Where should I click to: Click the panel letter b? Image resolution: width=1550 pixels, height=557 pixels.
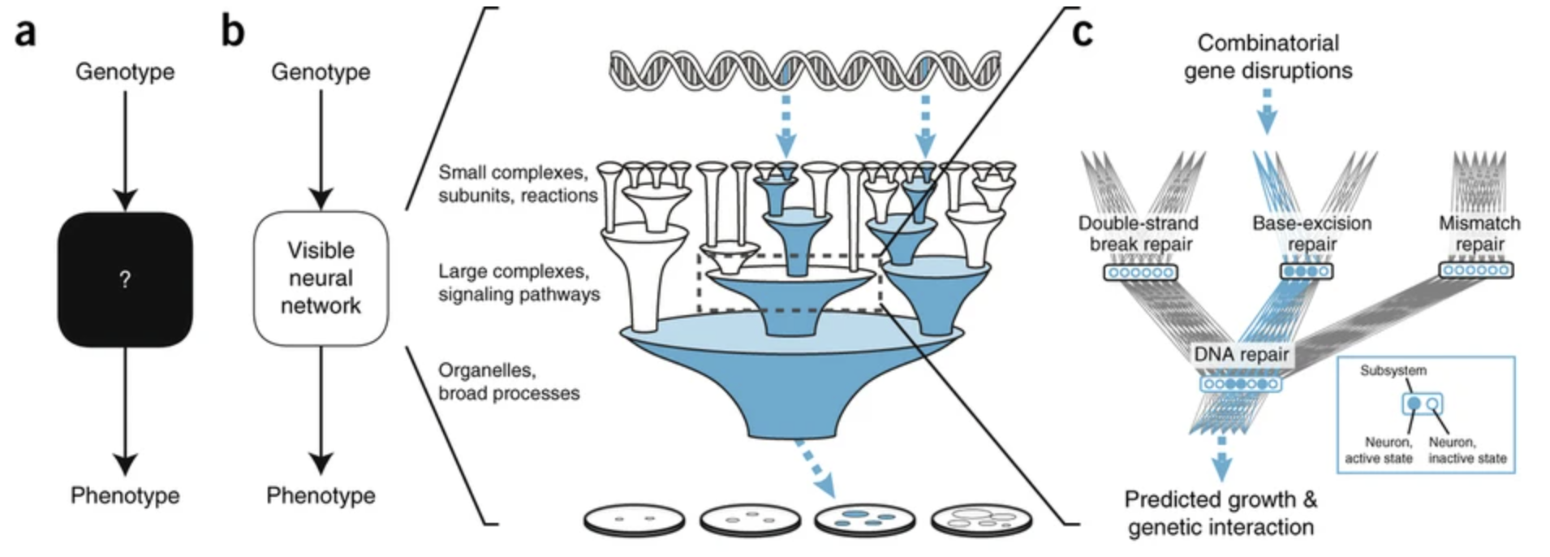(233, 32)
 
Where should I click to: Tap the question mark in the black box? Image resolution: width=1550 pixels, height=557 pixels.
(124, 280)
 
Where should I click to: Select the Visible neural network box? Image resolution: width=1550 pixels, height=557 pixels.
(321, 278)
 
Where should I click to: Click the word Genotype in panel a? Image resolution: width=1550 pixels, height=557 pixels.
(125, 72)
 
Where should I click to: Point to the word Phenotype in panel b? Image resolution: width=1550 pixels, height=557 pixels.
(321, 495)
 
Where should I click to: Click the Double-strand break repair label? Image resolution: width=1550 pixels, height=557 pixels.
(1138, 234)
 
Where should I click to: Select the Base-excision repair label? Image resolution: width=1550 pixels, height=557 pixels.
(1311, 234)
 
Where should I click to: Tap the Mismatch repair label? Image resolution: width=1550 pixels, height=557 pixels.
(1479, 234)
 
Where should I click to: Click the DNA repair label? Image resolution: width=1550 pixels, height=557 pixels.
(1241, 355)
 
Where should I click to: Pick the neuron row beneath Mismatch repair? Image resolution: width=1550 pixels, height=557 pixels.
(1476, 270)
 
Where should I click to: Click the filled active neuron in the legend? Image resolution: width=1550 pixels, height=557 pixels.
(1414, 404)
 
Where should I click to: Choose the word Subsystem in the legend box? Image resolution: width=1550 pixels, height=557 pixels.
(1393, 371)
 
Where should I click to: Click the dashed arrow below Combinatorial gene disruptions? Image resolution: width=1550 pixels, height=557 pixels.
(1267, 111)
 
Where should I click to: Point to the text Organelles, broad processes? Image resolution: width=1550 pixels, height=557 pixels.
(509, 382)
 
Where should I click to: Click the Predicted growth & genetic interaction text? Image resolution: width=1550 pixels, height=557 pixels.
(1221, 513)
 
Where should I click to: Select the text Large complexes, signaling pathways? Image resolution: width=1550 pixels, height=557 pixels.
(519, 283)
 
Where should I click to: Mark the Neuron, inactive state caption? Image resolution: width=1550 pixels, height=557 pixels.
(1467, 451)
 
